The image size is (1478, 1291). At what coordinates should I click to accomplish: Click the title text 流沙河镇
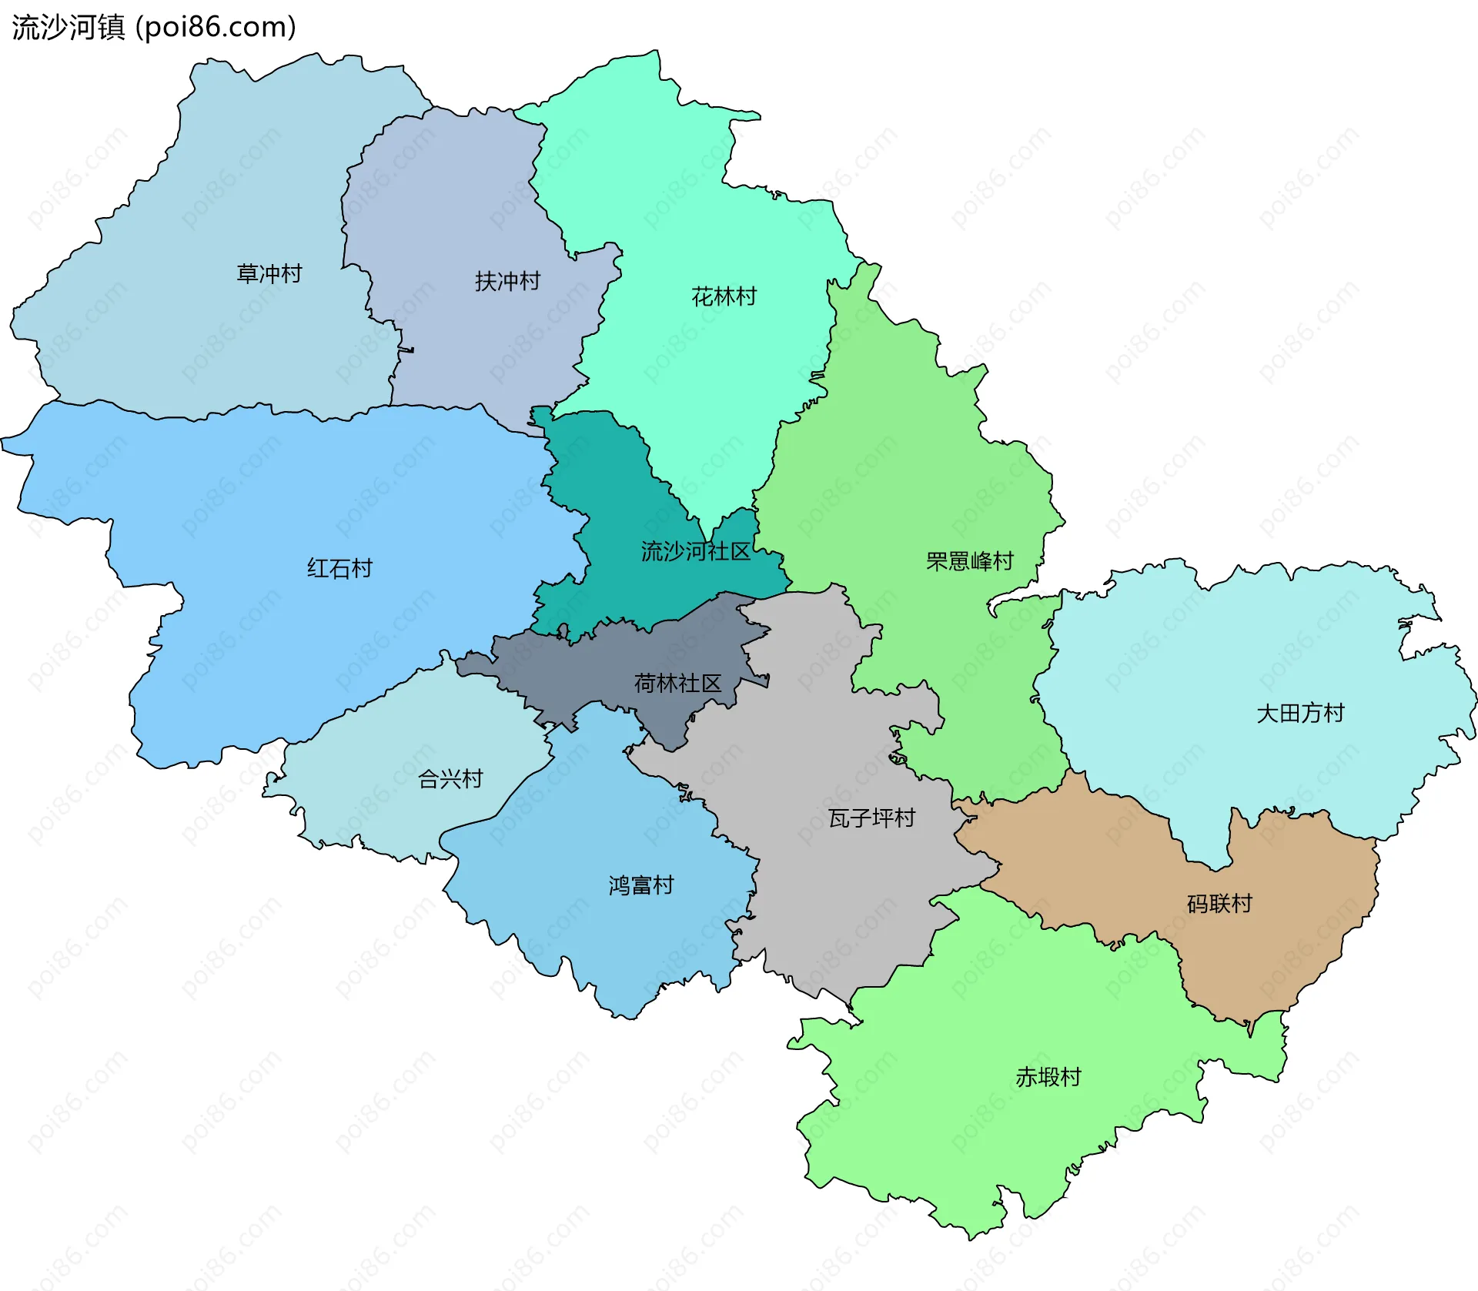(68, 28)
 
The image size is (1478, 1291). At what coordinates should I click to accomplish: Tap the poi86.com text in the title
(216, 28)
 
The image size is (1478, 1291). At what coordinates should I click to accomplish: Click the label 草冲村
(269, 273)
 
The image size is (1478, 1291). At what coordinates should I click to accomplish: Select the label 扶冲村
(507, 281)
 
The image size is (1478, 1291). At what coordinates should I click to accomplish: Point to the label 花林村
(724, 296)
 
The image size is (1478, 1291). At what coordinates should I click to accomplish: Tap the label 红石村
(339, 568)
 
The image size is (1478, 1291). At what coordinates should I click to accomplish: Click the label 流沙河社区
(695, 551)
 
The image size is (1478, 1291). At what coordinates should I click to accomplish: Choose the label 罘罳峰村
(969, 561)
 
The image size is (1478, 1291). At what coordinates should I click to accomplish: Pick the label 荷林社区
(677, 683)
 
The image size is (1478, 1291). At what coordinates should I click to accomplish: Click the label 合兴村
(450, 779)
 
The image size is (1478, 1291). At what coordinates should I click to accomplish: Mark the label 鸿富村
(640, 885)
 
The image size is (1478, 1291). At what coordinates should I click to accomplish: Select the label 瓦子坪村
(871, 818)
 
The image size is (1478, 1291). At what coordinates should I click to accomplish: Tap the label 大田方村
(1299, 713)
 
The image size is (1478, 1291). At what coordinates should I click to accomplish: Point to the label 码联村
(1219, 903)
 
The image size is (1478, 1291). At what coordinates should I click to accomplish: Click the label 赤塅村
(1048, 1077)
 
